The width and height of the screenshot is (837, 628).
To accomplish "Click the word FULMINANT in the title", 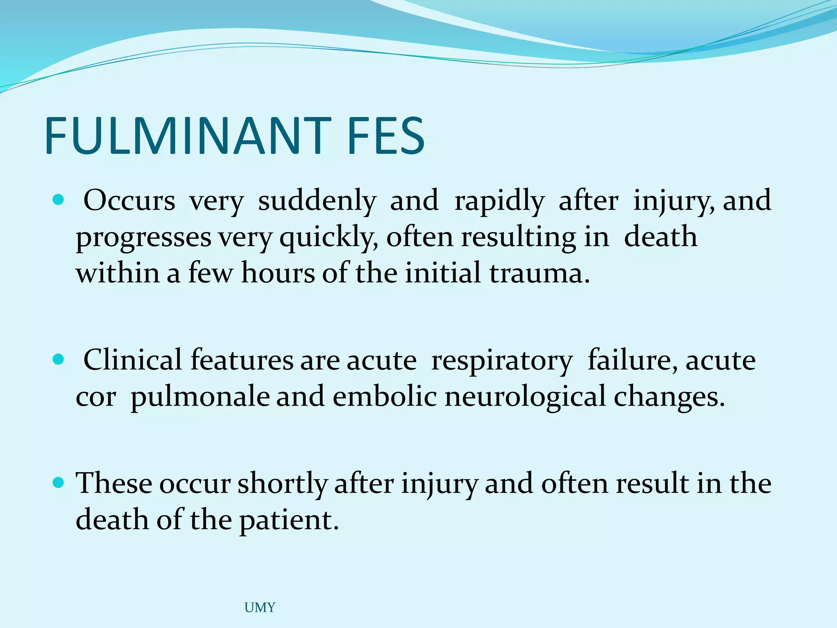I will (188, 136).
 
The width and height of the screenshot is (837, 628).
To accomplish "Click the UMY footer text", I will (260, 608).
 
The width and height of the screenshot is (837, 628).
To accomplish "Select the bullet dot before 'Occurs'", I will (59, 200).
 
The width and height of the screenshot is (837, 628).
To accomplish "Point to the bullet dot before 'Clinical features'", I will (59, 359).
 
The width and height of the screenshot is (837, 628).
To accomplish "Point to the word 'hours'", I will (278, 273).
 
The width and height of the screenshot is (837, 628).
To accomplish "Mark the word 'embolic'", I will (385, 397).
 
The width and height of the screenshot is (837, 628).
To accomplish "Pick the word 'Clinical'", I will (132, 360).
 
